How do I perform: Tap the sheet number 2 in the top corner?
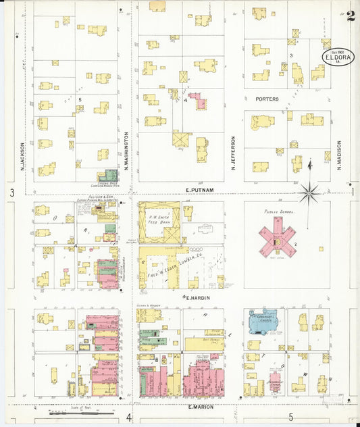(x=350, y=17)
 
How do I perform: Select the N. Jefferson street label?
(x=234, y=153)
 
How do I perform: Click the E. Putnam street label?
(x=199, y=191)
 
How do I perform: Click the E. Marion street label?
(x=200, y=407)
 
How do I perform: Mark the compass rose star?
(x=310, y=193)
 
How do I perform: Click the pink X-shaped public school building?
(x=278, y=236)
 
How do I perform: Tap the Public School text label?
(x=278, y=211)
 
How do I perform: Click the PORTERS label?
(x=267, y=99)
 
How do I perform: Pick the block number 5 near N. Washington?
(x=80, y=100)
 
